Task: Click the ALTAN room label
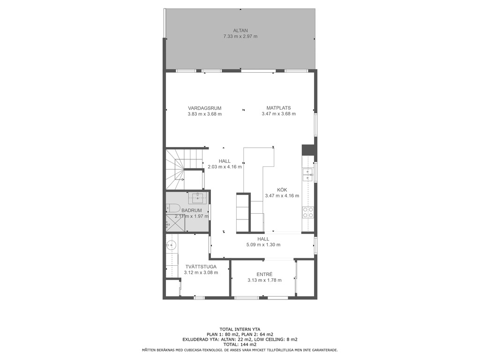click(x=240, y=30)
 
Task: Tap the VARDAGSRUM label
click(x=204, y=108)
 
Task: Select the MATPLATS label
click(x=278, y=108)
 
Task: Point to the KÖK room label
click(x=282, y=190)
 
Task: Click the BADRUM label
click(x=192, y=210)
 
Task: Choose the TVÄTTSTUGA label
click(x=201, y=267)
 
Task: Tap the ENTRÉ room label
click(x=264, y=274)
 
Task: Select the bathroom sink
click(x=198, y=198)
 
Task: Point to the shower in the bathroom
click(x=175, y=224)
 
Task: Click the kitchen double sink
click(x=307, y=175)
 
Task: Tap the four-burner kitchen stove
click(x=308, y=212)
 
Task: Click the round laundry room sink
click(x=172, y=245)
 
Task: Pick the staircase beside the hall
click(x=184, y=169)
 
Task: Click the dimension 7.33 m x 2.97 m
click(x=240, y=37)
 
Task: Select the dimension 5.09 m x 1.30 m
click(x=263, y=245)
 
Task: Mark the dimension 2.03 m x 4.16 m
click(x=225, y=167)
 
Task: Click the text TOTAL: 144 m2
click(x=240, y=345)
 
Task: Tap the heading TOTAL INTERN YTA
click(x=240, y=330)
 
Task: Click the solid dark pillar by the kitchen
click(x=308, y=150)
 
